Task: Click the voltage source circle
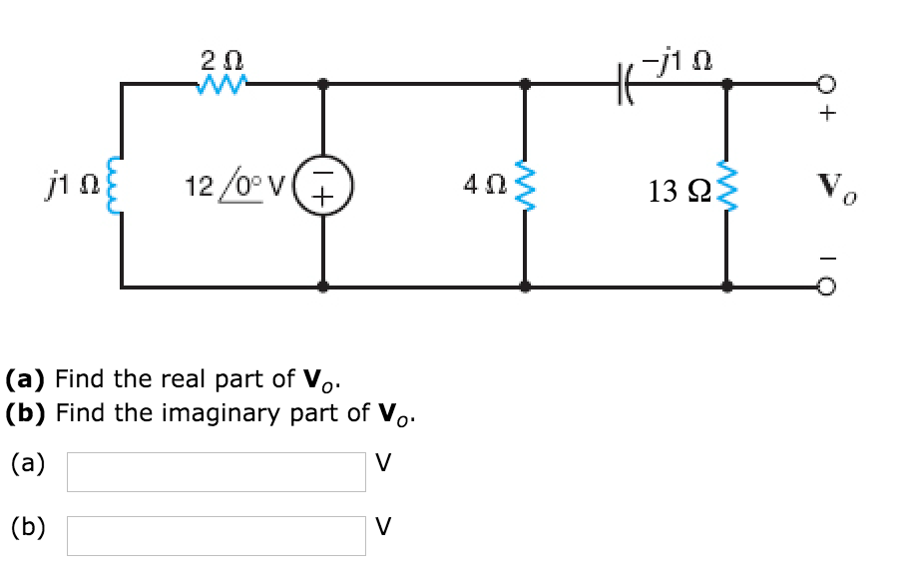coord(324,186)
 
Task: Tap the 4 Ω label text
coord(482,185)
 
